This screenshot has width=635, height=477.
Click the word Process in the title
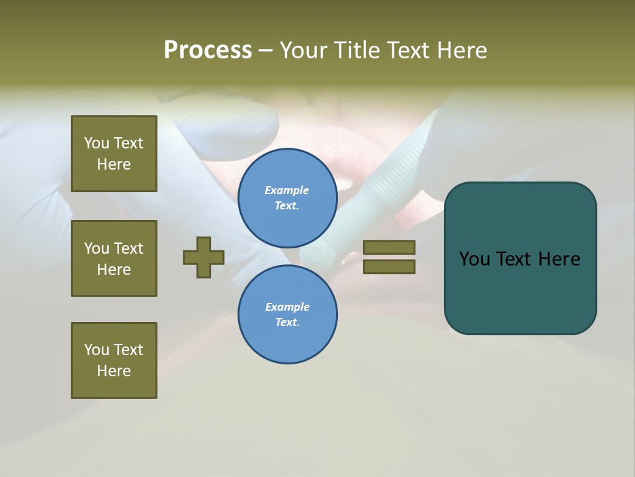point(208,50)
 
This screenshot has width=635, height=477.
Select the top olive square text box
point(114,154)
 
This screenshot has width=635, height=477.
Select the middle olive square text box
point(114,258)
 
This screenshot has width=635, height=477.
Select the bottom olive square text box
point(114,360)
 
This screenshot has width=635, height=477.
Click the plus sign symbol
point(204,257)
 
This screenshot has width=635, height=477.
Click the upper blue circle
point(288,198)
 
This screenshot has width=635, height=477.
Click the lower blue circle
point(288,315)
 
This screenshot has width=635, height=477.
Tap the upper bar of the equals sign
point(390,247)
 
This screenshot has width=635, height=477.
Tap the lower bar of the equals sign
point(390,266)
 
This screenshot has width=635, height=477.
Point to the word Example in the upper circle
point(286,190)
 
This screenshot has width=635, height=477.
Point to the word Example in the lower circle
point(287,307)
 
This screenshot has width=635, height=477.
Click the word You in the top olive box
point(96,143)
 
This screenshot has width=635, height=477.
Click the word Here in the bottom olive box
point(114,371)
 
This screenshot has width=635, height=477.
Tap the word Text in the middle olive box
point(128,248)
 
